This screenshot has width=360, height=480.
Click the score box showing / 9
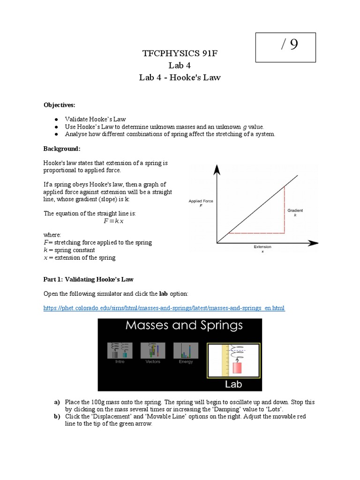[x=285, y=47]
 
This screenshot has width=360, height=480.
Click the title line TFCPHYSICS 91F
[x=180, y=54]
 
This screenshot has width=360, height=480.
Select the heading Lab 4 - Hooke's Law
[x=180, y=77]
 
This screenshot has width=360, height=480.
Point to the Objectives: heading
[x=60, y=105]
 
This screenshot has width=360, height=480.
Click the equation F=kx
[x=113, y=221]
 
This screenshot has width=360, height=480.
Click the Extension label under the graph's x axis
[x=262, y=247]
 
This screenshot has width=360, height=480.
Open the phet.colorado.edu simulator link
[x=164, y=308]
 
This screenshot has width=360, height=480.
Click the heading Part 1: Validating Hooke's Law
[x=89, y=279]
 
